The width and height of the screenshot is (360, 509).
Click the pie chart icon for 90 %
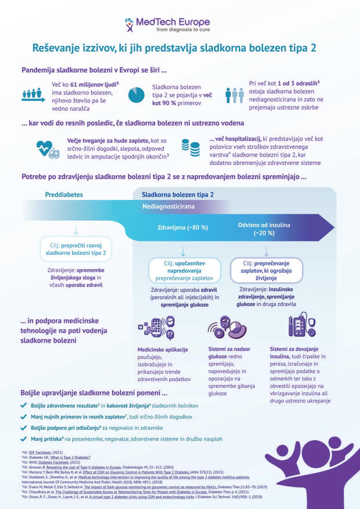tap(136, 95)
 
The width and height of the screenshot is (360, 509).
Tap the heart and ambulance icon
tap(48, 149)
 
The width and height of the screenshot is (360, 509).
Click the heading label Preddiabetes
tap(64, 194)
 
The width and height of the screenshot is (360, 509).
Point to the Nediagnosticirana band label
tap(168, 206)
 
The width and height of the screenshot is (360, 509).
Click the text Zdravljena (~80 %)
tap(183, 228)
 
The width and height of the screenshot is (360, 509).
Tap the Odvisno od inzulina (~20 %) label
tap(264, 229)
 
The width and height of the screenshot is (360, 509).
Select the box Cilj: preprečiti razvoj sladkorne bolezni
tap(76, 249)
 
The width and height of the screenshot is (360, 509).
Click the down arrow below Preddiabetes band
tap(76, 229)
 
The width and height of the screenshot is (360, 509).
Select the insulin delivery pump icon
tap(301, 325)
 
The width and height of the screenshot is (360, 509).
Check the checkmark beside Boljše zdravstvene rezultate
tap(24, 406)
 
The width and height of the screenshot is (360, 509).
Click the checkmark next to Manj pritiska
tap(24, 439)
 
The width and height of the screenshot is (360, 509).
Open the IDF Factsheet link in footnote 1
tap(40, 452)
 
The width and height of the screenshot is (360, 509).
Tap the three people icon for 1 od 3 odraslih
tap(234, 95)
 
